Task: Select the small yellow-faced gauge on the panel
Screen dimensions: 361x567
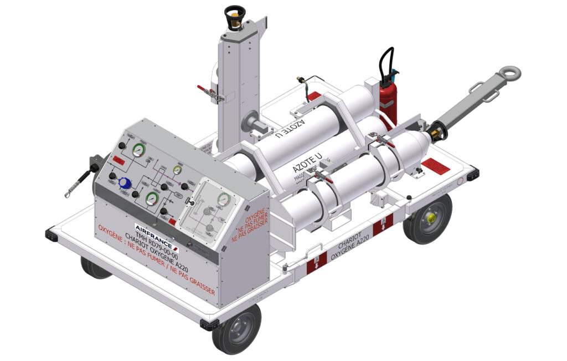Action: click(x=177, y=170)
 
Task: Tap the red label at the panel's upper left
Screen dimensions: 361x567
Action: click(x=117, y=160)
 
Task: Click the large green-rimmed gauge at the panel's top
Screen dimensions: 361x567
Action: click(x=138, y=150)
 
